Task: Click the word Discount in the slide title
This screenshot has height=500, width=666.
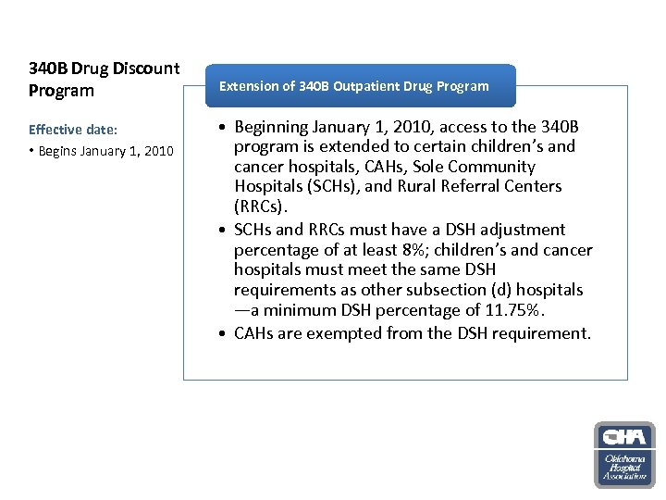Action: coord(146,69)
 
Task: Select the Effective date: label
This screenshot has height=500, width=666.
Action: coord(67,130)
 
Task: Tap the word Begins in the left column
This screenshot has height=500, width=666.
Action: coord(60,151)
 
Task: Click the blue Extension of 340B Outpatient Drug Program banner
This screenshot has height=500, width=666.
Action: coord(353,86)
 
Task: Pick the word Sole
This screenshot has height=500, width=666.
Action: coord(429,167)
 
